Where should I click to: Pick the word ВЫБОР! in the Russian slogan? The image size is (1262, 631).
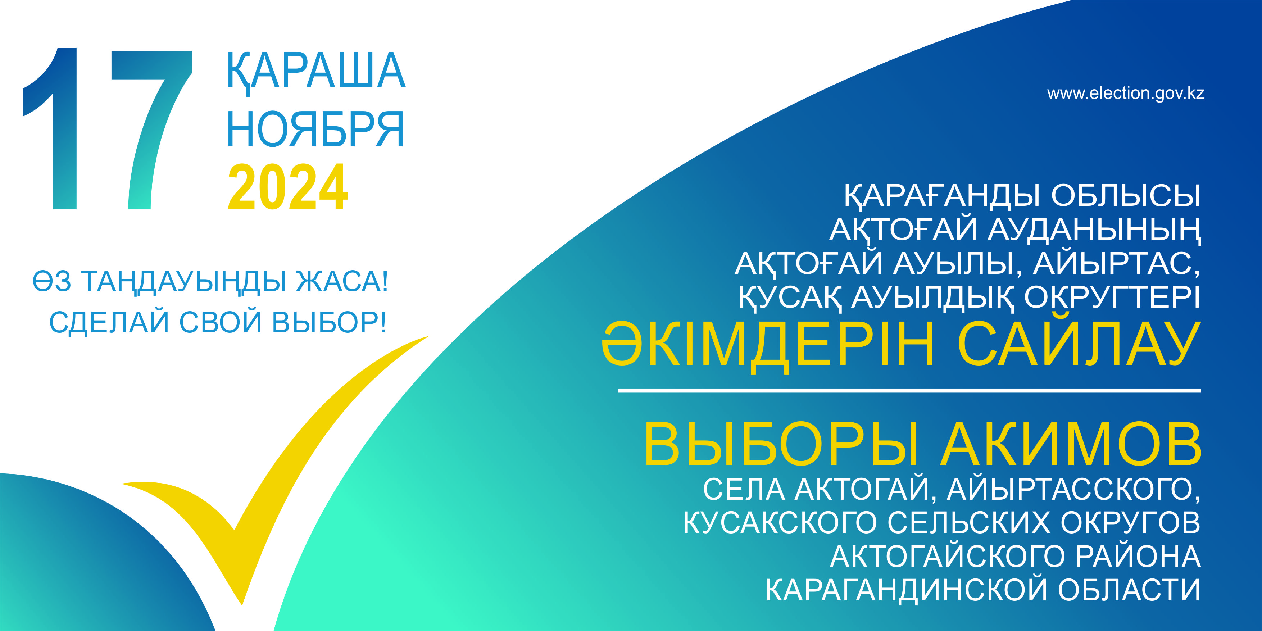coord(329,322)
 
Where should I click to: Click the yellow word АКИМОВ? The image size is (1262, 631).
coord(1071,444)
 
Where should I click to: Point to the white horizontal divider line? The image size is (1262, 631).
coord(909,390)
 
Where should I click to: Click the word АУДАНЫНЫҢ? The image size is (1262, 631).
coord(1094,230)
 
